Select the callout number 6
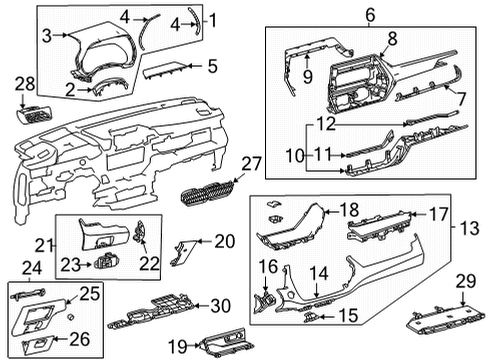[x=369, y=14]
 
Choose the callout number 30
[x=221, y=306]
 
